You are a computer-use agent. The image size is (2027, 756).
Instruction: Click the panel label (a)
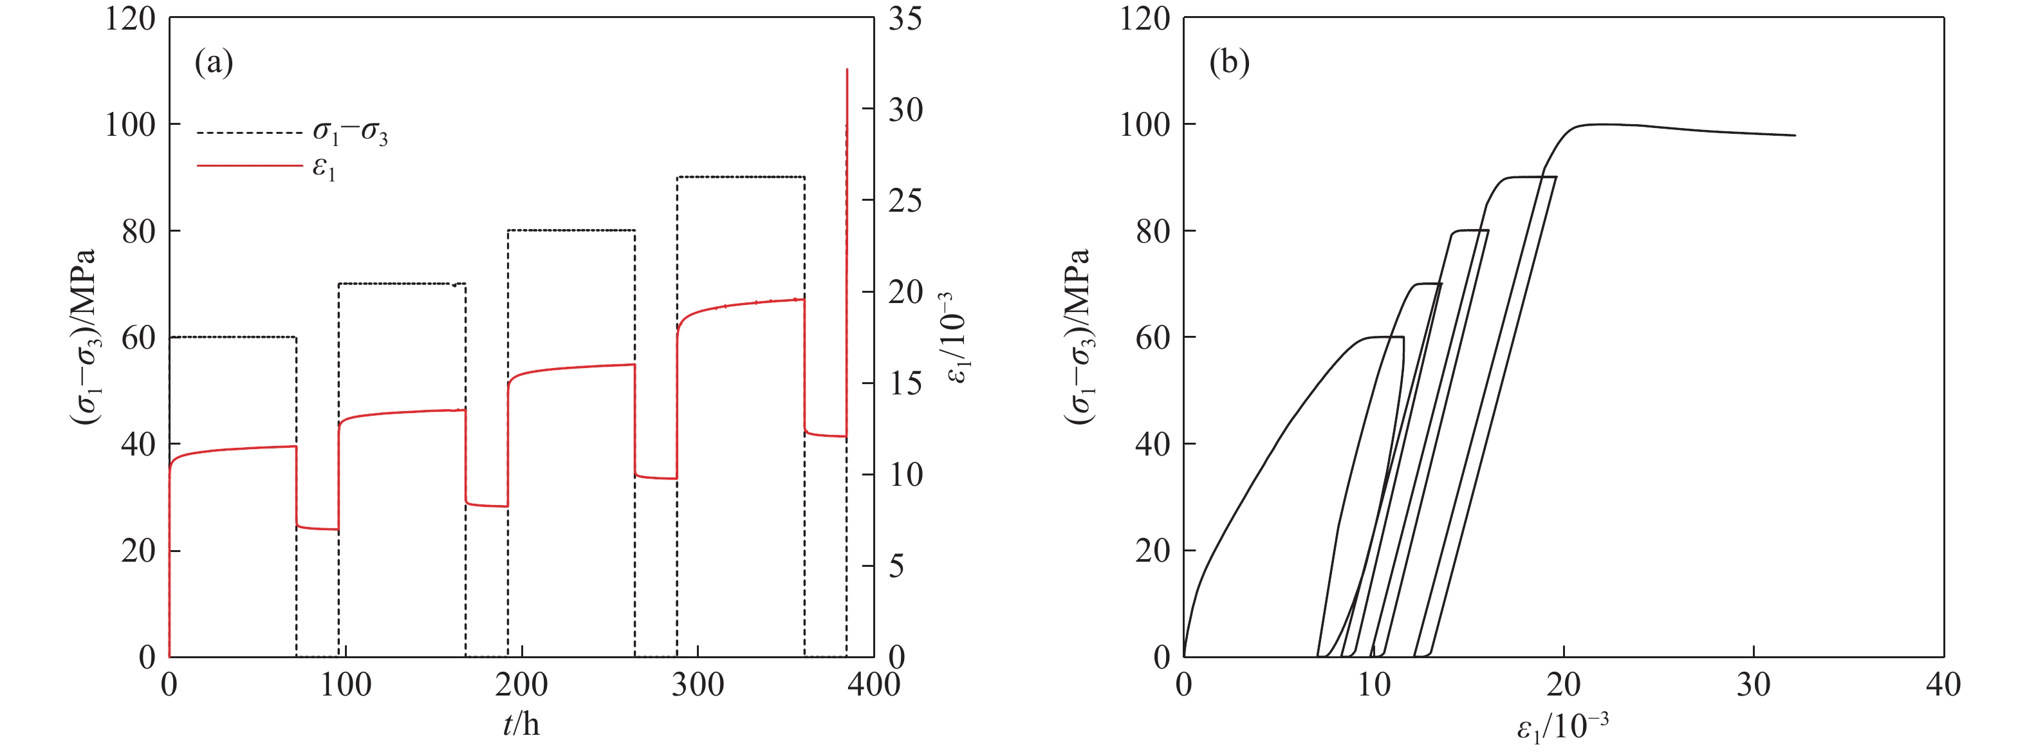pos(214,63)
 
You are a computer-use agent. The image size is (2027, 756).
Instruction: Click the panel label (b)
pos(1229,63)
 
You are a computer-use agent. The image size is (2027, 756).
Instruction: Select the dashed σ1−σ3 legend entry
pos(350,133)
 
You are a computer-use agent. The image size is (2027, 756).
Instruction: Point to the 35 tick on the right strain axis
pos(905,18)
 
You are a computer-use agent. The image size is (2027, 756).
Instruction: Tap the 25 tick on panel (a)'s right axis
pos(905,201)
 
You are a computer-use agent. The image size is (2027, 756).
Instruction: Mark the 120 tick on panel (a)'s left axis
pos(131,18)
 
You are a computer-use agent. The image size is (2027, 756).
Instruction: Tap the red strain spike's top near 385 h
pos(847,70)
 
